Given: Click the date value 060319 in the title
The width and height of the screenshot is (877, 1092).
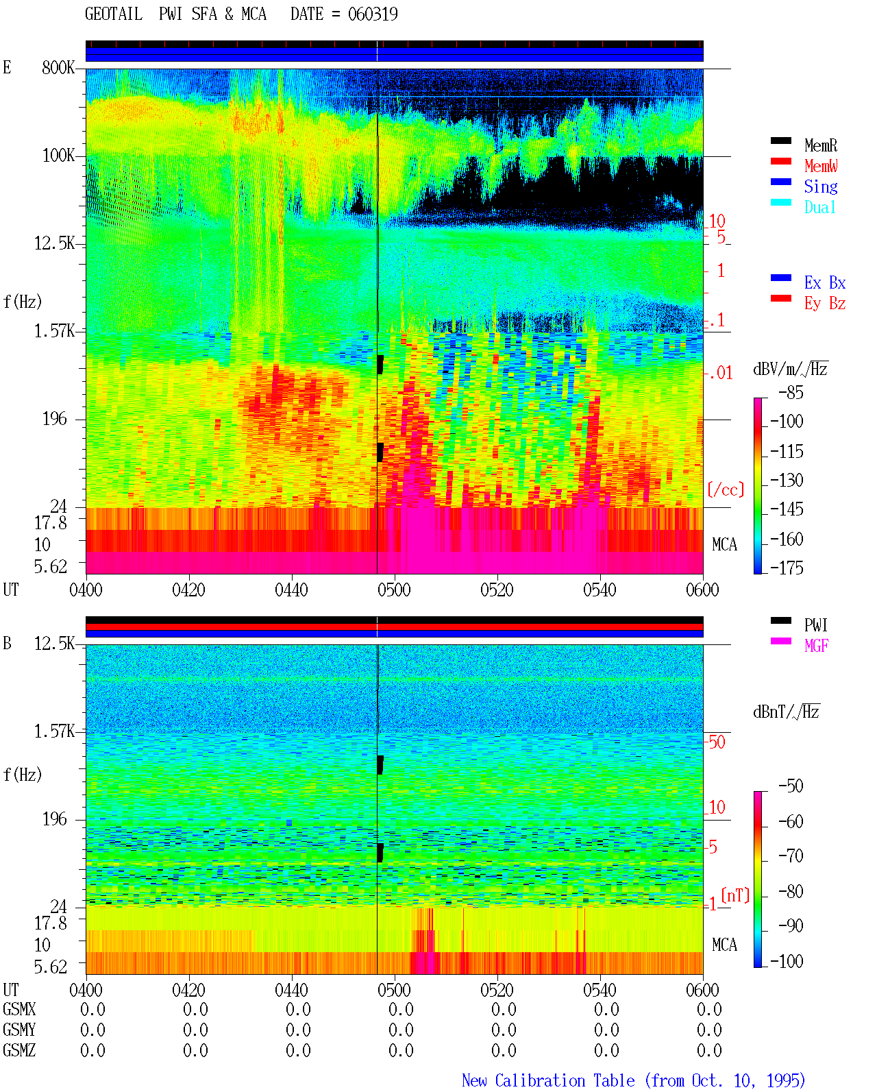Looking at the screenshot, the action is coord(373,14).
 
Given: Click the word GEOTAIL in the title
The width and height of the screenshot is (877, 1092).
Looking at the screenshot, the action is coord(114,14).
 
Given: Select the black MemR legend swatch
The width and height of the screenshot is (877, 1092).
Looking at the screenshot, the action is coord(780,141).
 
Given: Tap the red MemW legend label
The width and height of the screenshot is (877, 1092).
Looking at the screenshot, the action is coord(821,166).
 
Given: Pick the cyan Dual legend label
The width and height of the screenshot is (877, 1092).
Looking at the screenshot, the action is coord(820,207).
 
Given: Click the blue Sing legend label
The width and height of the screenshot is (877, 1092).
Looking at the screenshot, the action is coord(821,186).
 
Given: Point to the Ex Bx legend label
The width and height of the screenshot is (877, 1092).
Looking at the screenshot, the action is coord(825,282).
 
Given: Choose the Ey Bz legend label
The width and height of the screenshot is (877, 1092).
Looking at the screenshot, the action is coord(825,304).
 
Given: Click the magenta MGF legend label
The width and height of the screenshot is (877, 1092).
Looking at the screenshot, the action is coord(816,646).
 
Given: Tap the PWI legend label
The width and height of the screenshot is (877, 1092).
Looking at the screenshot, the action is coord(815,624).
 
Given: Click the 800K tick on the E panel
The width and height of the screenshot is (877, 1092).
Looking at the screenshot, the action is coord(58,67).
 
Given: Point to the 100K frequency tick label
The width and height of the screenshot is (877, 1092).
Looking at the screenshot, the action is coord(58,156).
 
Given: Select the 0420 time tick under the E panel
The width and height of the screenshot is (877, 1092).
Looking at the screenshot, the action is coord(188,590).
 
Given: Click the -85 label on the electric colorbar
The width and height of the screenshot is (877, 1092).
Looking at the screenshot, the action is coord(791,392).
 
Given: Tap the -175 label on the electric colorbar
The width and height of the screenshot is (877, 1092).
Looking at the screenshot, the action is coord(787,568).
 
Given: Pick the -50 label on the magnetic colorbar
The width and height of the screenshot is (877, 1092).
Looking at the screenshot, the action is coord(791,786).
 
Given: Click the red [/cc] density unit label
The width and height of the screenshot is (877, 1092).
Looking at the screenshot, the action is coord(726,489).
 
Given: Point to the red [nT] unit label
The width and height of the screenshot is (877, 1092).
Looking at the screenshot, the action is coord(735,895).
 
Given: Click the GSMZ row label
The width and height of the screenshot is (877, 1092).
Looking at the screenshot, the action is coord(19,1050).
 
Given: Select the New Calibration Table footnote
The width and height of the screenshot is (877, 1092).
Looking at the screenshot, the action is coord(634,1080).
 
